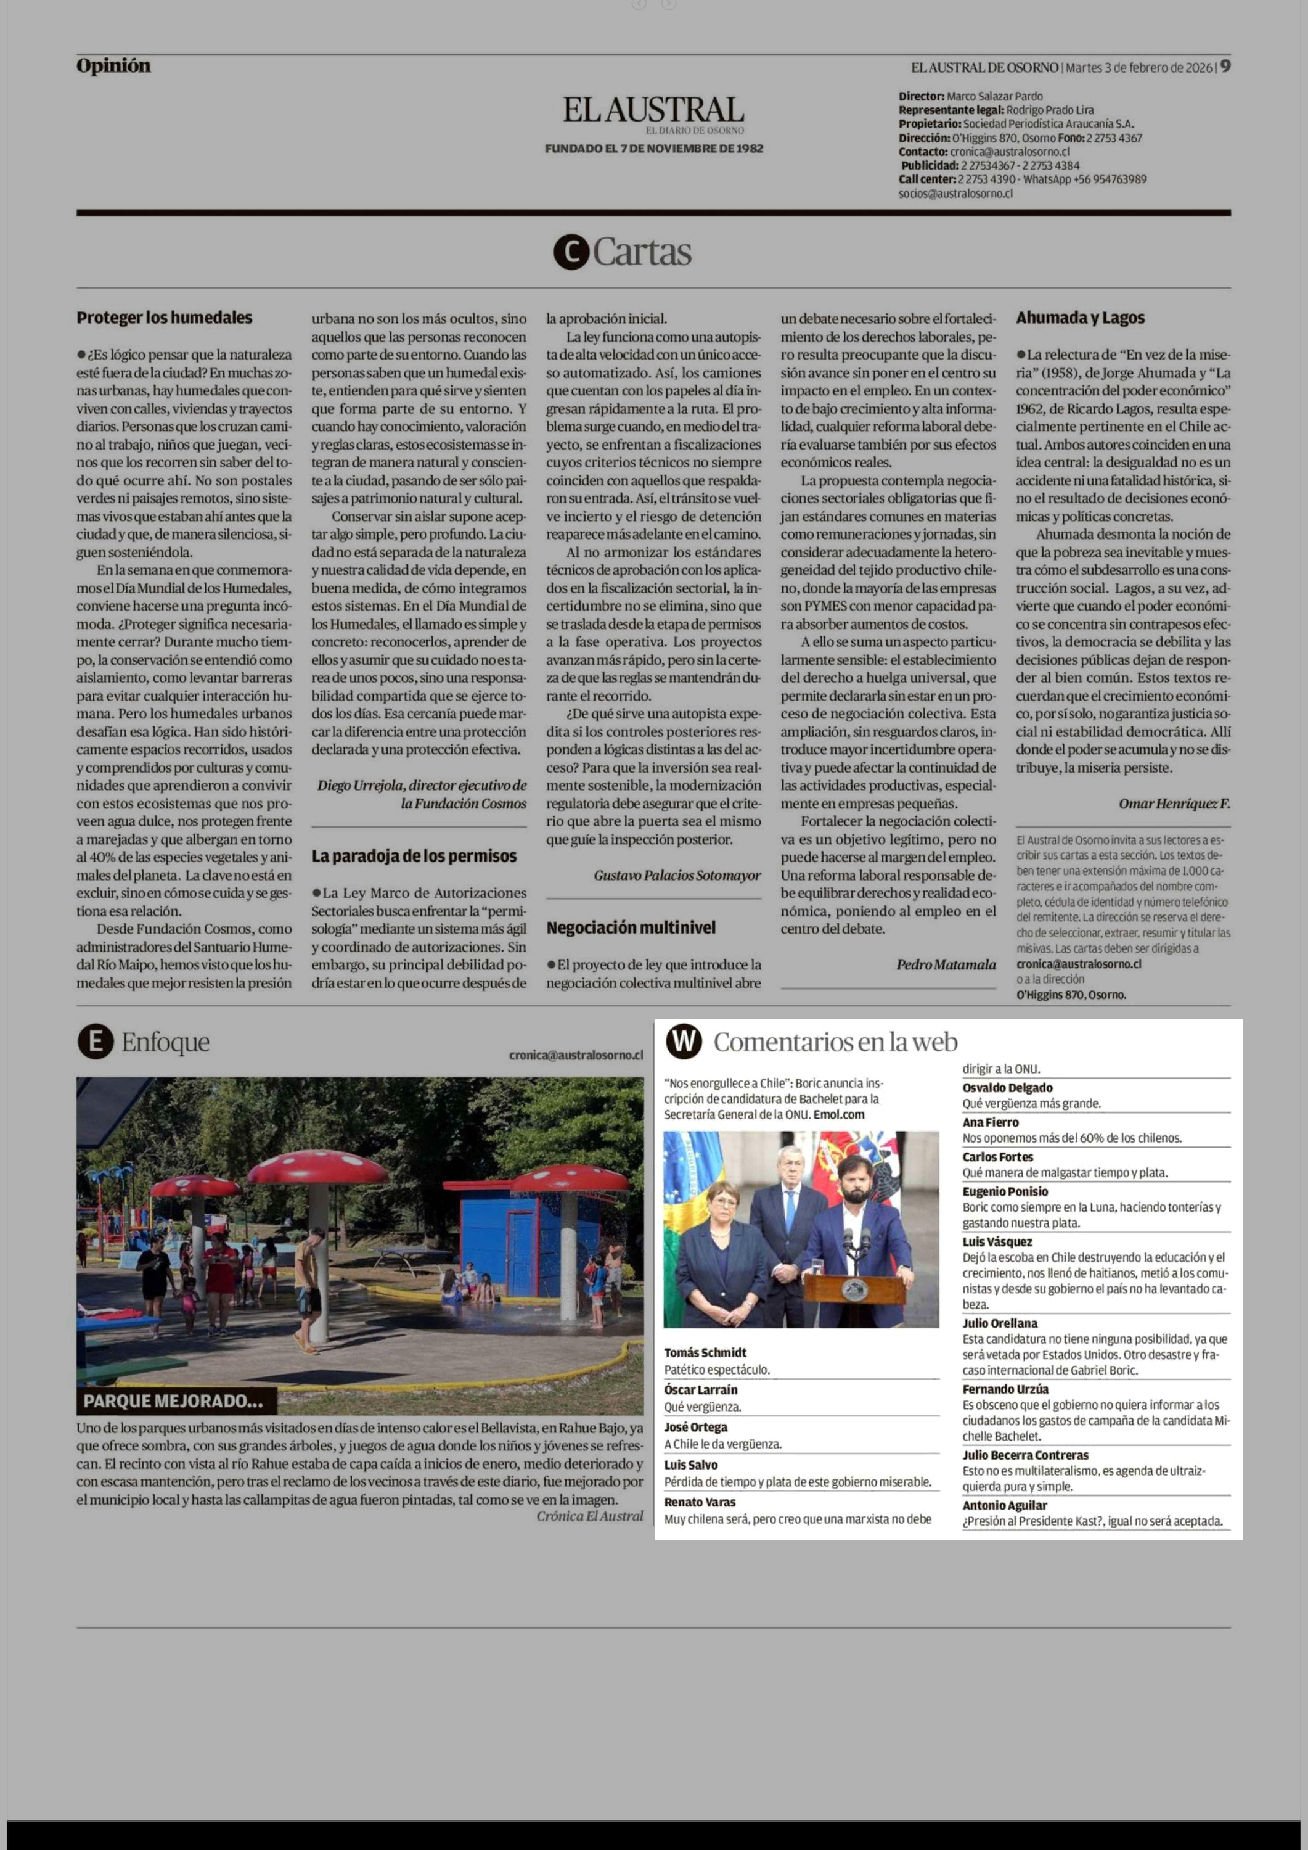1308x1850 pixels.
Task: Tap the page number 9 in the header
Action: pos(1225,67)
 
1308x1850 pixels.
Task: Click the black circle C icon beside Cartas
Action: pos(571,252)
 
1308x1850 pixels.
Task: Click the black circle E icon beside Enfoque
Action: pos(95,1043)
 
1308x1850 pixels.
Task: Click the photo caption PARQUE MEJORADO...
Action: pos(173,1400)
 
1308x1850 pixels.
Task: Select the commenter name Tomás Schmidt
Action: pos(705,1353)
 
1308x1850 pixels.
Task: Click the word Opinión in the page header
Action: pos(114,66)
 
